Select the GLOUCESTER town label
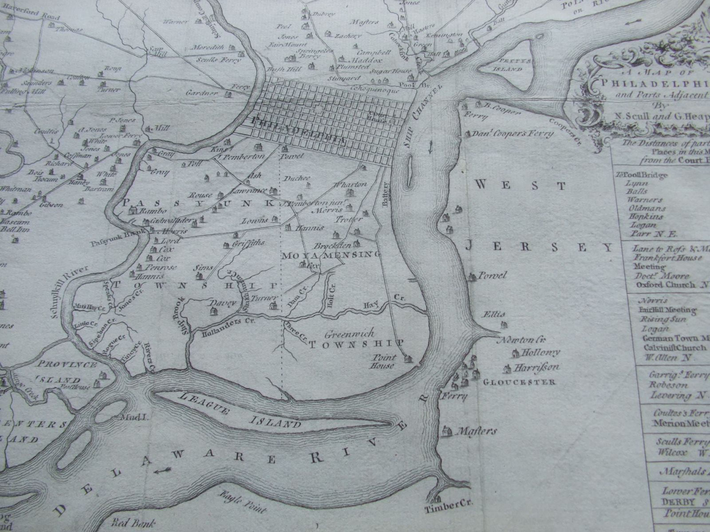[519, 382]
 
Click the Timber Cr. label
[449, 504]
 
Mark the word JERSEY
[539, 247]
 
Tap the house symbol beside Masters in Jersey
[446, 430]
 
